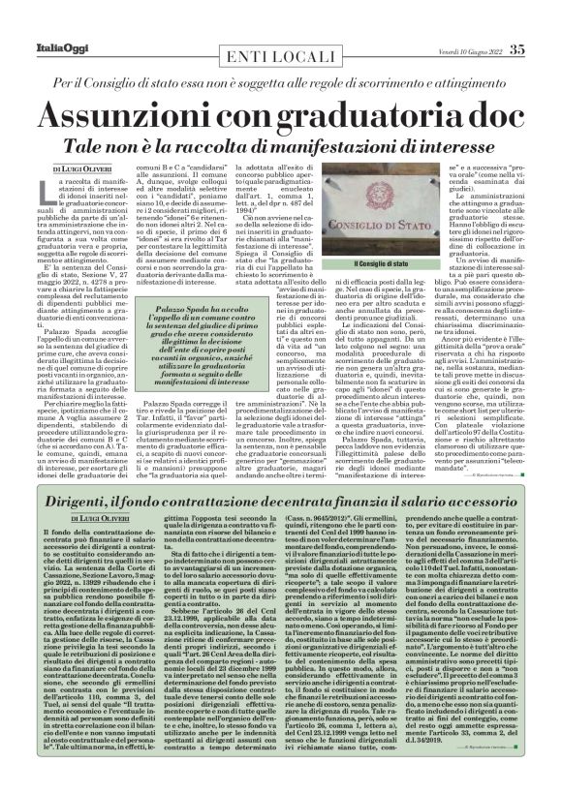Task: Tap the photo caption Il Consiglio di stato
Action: tap(385, 264)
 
